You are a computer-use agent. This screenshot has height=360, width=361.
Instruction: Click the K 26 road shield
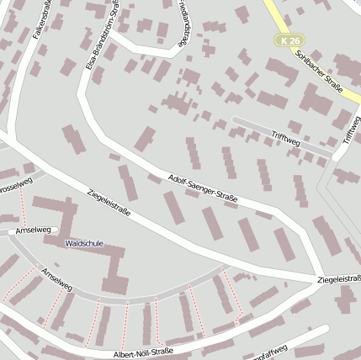[x=290, y=40]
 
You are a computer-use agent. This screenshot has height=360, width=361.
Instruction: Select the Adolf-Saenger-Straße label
[x=203, y=189]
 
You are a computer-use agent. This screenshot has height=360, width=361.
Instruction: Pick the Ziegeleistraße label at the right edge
[x=340, y=278]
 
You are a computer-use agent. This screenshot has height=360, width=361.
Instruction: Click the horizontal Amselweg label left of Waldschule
[x=35, y=229]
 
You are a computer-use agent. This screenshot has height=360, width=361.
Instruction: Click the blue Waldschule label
[x=84, y=243]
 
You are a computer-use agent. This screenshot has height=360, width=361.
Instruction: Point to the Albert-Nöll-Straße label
[x=142, y=353]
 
